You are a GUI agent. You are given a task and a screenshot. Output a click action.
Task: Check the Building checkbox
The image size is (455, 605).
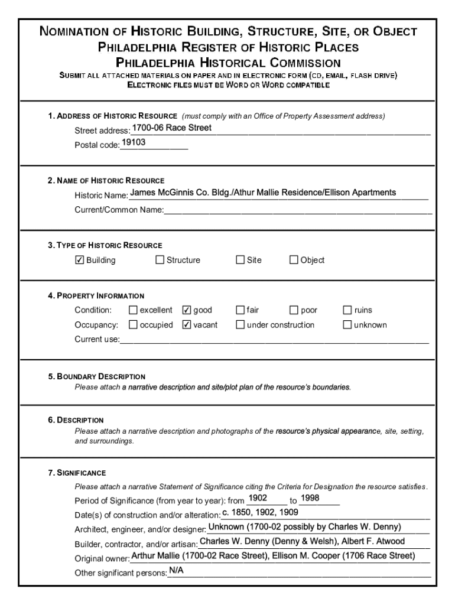pyautogui.click(x=80, y=260)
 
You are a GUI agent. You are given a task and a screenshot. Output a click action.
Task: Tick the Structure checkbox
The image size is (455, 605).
pyautogui.click(x=160, y=260)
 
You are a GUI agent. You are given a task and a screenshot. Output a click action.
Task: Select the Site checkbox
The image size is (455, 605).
pyautogui.click(x=240, y=260)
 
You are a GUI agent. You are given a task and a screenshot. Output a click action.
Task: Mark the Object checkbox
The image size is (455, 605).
pyautogui.click(x=294, y=260)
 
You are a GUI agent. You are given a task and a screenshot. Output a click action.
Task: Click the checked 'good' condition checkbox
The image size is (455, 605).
pyautogui.click(x=187, y=310)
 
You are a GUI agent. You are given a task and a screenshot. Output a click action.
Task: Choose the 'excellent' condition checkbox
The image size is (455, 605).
pyautogui.click(x=133, y=310)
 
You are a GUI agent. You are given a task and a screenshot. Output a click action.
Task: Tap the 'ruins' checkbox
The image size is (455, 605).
pyautogui.click(x=347, y=310)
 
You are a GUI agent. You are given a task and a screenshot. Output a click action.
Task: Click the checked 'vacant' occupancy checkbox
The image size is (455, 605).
pyautogui.click(x=187, y=325)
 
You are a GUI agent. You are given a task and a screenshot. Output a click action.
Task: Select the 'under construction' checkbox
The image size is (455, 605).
pyautogui.click(x=240, y=325)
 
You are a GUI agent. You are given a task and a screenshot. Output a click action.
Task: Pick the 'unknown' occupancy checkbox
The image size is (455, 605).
pyautogui.click(x=347, y=325)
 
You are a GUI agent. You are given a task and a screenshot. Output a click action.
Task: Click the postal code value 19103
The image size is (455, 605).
pyautogui.click(x=134, y=142)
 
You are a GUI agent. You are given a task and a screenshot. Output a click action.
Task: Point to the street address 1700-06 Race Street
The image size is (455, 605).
pyautogui.click(x=171, y=128)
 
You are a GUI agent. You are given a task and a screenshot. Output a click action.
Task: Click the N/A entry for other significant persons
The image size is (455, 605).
pyautogui.click(x=176, y=571)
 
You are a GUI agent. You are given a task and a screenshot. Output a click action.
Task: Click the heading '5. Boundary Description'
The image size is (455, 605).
pyautogui.click(x=97, y=376)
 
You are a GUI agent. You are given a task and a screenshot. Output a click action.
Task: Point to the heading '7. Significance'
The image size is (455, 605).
pyautogui.click(x=77, y=473)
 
